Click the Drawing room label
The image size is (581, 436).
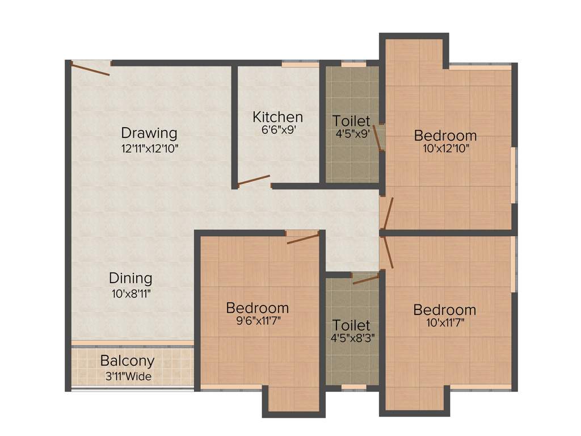coord(149,133)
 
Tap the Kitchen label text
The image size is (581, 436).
coord(277,117)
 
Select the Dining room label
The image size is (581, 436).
coord(130,278)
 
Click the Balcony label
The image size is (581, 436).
coord(127,361)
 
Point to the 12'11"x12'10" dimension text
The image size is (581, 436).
coord(150,149)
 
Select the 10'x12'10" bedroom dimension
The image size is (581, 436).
coord(445,149)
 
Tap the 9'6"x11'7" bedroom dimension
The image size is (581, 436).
coord(258,321)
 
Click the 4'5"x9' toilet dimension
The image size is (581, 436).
coord(352,135)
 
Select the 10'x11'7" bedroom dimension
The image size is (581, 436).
coord(445,324)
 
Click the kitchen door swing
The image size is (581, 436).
coord(254,181)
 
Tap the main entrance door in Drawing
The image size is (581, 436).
coord(90,69)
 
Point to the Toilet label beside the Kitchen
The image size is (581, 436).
coord(352,121)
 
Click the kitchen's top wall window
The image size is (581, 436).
coord(301,65)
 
